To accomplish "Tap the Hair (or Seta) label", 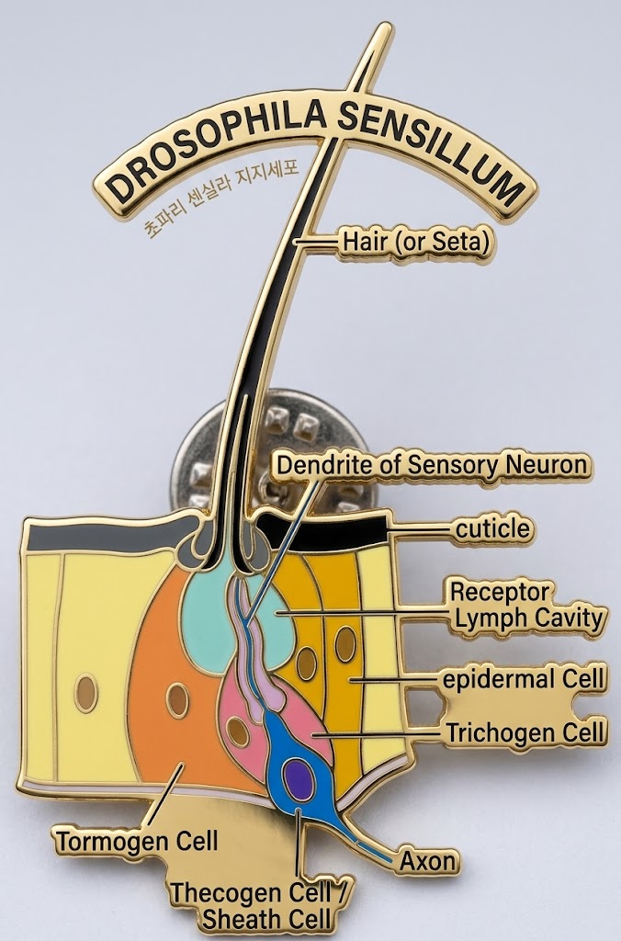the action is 414,242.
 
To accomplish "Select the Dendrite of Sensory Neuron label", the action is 432,464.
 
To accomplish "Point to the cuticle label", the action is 493,528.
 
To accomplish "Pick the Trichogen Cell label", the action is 525,732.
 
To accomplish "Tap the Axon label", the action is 428,861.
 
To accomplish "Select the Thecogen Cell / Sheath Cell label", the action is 259,905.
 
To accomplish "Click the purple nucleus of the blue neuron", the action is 299,779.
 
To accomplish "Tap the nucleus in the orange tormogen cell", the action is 177,699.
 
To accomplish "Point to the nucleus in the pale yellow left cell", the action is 86,693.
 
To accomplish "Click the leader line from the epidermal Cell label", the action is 396,679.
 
